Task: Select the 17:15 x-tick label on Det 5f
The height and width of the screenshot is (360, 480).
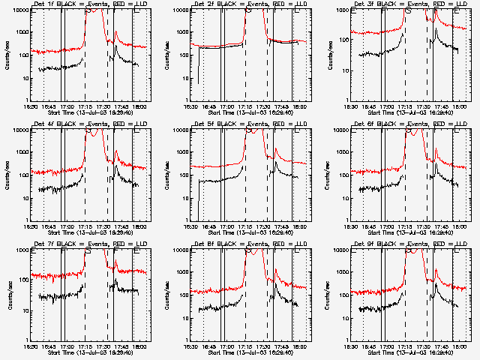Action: coord(246,226)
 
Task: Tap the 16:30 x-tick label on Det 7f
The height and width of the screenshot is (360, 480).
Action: coord(31,346)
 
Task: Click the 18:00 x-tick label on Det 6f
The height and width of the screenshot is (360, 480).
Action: coord(460,226)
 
